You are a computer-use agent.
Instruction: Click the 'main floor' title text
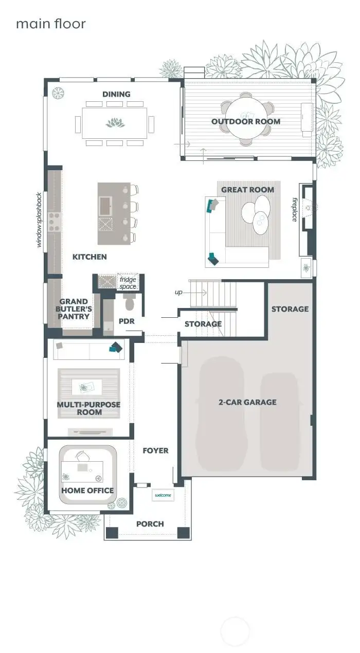[50, 24]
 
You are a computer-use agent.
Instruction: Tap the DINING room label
[116, 94]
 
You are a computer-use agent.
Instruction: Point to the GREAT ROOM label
[247, 190]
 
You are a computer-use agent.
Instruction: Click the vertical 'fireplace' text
[295, 209]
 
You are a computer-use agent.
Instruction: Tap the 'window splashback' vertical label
[39, 220]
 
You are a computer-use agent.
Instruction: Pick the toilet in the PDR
[129, 304]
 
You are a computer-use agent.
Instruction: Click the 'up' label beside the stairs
[178, 292]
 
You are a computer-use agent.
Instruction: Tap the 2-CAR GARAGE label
[247, 402]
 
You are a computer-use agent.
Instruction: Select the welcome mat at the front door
[163, 495]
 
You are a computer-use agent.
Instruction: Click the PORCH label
[150, 524]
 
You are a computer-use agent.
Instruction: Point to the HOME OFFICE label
[87, 491]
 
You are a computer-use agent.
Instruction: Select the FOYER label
[155, 450]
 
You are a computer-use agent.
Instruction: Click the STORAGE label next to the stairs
[203, 324]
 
